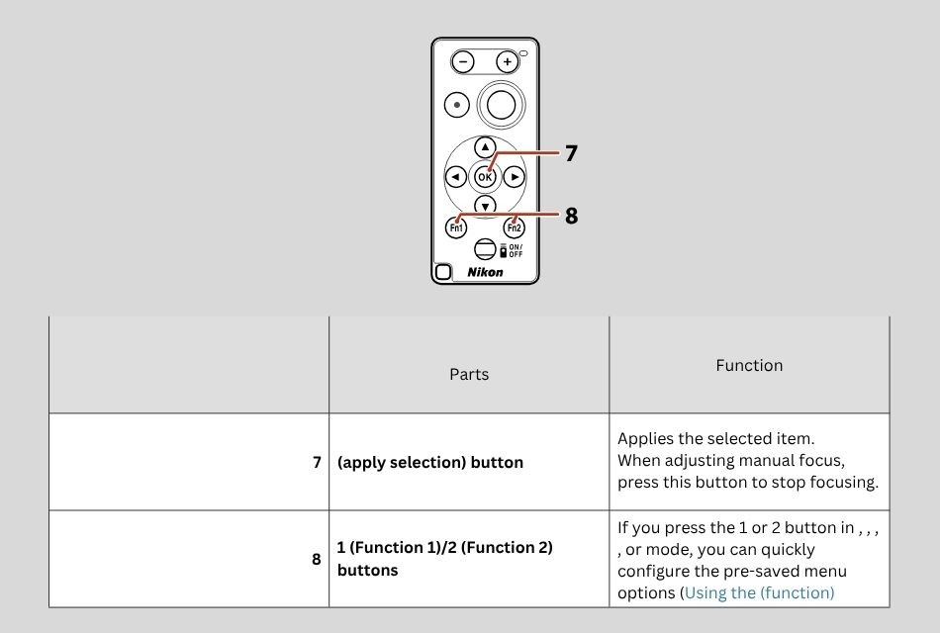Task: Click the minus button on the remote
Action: click(x=463, y=61)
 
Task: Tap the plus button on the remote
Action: click(x=507, y=61)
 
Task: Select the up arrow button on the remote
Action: click(x=485, y=147)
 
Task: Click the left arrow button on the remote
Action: click(x=455, y=177)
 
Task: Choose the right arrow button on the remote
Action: click(x=515, y=177)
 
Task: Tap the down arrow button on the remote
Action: click(x=485, y=206)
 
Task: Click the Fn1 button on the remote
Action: click(x=456, y=227)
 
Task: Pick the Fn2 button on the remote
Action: click(x=515, y=227)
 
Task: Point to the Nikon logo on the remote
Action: click(x=485, y=272)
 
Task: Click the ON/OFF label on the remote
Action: click(x=516, y=250)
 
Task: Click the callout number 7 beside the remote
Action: click(x=571, y=153)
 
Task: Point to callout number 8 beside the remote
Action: click(x=571, y=215)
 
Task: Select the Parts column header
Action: click(x=469, y=374)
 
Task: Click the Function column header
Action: click(x=749, y=365)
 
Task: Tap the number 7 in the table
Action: click(x=317, y=462)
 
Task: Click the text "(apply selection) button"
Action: click(x=430, y=462)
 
